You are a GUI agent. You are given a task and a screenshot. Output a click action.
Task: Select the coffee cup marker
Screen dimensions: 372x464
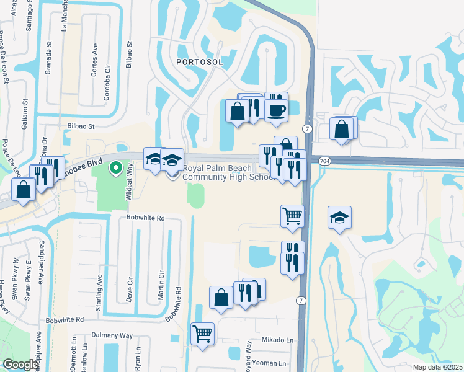275,110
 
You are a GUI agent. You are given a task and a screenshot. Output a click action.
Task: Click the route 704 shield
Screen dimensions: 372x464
326,161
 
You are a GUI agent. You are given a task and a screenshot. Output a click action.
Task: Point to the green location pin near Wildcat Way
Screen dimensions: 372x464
115,167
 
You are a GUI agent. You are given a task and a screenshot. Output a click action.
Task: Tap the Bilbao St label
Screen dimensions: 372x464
80,125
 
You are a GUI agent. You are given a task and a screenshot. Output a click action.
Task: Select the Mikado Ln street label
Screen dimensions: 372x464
277,340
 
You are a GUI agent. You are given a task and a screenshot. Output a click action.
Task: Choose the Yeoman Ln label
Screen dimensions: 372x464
272,363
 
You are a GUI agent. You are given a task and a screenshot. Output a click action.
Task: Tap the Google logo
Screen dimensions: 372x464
20,365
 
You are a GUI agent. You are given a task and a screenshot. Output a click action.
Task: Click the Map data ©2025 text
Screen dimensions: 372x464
437,367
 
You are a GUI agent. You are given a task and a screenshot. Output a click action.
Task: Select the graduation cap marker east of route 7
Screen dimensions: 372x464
339,218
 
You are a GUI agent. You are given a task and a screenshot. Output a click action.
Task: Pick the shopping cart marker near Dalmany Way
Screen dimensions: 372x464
202,334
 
